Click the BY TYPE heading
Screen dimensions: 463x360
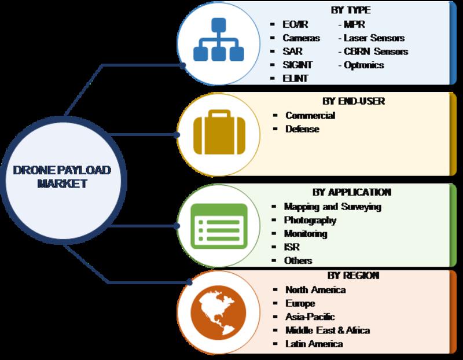coord(351,10)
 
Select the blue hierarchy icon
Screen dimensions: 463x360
coord(219,39)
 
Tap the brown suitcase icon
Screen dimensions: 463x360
coord(219,132)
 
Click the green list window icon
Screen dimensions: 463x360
coord(219,226)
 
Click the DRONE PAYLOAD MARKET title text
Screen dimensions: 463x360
coord(62,177)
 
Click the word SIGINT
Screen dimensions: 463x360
coord(297,65)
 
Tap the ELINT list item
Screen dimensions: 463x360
coord(295,79)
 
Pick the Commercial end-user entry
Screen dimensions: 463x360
coord(310,115)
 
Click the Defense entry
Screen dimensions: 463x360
coord(302,128)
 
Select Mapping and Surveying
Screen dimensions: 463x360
coord(332,207)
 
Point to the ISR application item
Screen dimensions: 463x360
coord(292,247)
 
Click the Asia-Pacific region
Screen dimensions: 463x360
coord(310,317)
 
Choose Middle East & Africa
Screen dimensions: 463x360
coord(328,330)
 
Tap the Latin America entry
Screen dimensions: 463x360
coord(314,344)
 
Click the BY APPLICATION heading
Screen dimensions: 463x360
coord(352,192)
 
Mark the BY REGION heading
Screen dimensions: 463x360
coord(353,275)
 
